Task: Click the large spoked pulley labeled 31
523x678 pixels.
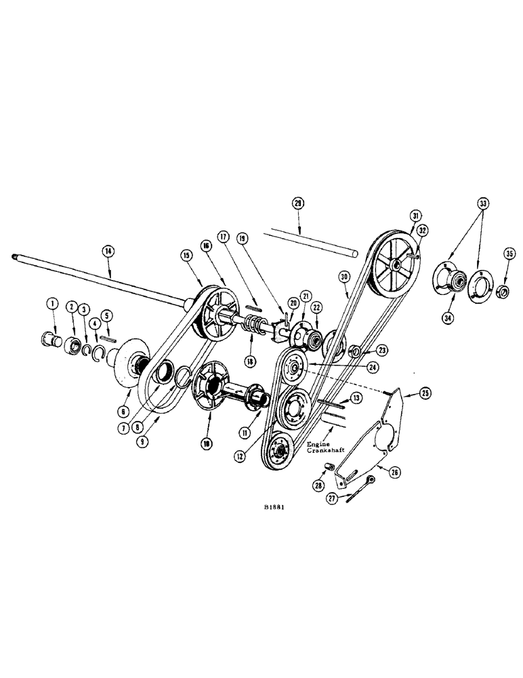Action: coord(396,260)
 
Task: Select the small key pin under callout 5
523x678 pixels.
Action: coord(108,338)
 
